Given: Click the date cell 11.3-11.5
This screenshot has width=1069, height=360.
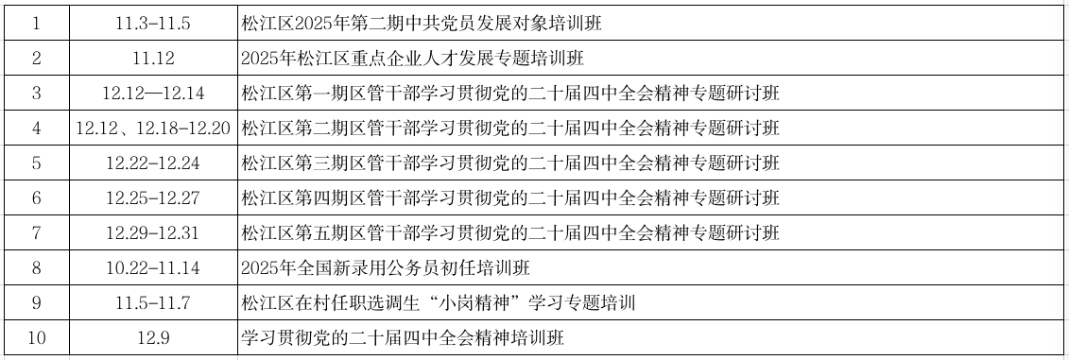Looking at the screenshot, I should [x=153, y=24].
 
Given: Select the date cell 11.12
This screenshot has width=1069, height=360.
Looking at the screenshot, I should [x=153, y=59].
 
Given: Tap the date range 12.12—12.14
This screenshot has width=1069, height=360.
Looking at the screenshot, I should [x=153, y=94].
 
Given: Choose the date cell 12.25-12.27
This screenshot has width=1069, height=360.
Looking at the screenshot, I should [x=153, y=198].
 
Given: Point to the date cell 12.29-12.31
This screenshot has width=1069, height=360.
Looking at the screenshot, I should [x=153, y=233].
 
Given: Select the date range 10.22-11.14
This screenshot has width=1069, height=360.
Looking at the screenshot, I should [x=153, y=268].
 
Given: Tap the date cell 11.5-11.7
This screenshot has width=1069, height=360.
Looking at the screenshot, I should [x=153, y=303].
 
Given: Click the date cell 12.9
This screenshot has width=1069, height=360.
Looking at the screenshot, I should [x=153, y=338].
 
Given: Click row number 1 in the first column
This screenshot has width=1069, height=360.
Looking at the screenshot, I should [x=36, y=24].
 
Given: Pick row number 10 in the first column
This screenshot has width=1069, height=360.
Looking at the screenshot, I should [x=36, y=338].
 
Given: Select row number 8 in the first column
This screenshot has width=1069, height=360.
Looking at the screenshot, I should [x=36, y=268].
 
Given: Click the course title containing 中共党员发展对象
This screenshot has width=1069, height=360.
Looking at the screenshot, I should [x=422, y=24].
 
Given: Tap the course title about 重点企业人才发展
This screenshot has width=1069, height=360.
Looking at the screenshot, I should [x=413, y=59].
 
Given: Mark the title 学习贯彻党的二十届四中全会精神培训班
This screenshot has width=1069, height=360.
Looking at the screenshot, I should [x=403, y=338].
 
